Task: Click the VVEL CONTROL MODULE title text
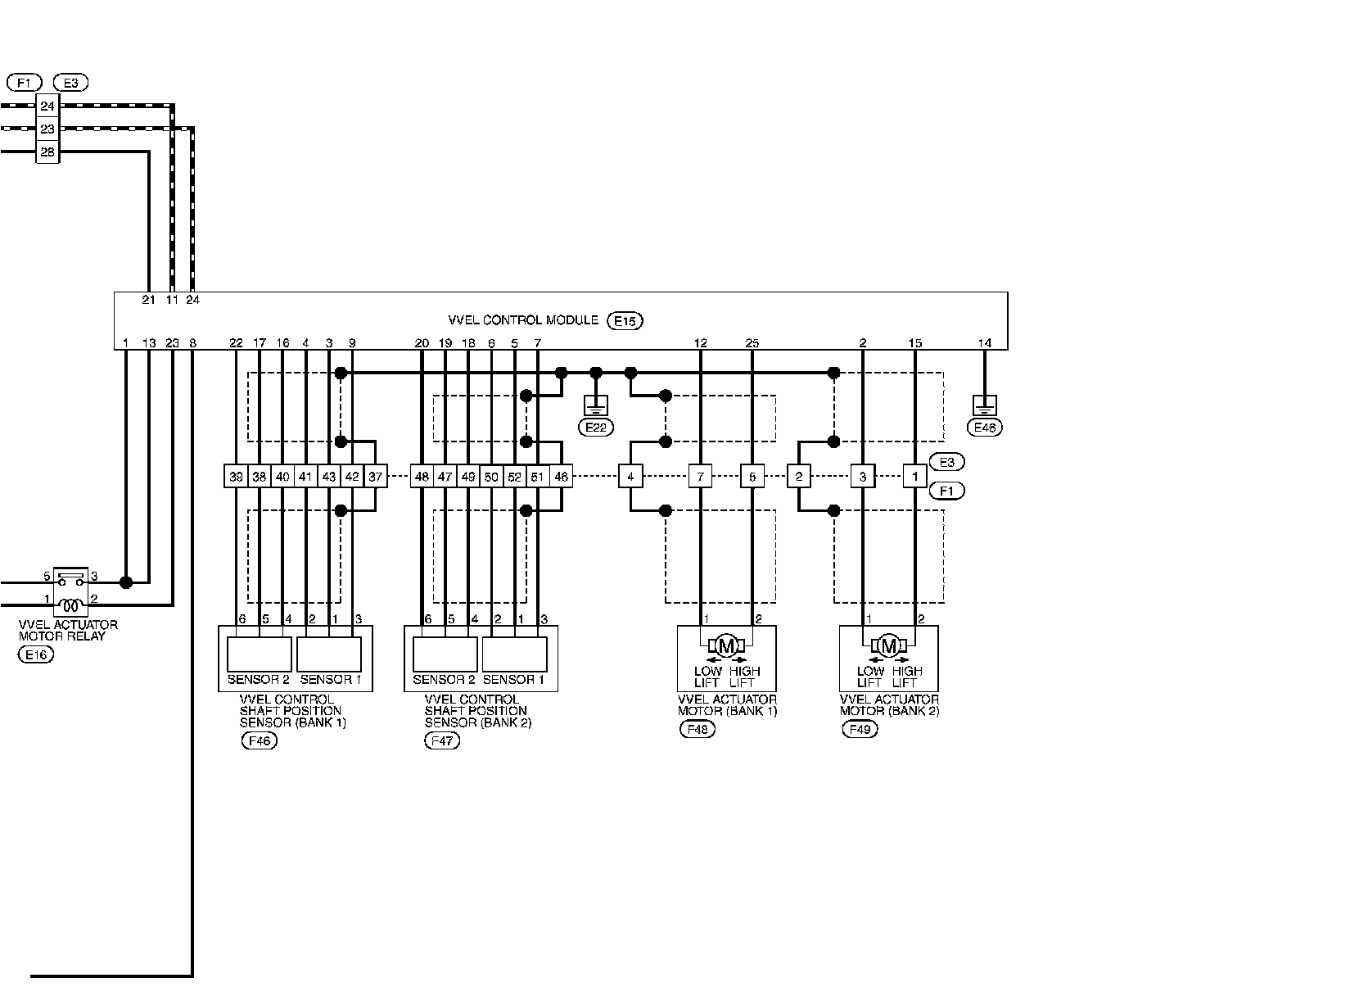(x=523, y=320)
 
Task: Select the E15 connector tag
(x=625, y=321)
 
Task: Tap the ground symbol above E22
(x=595, y=405)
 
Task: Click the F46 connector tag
(x=259, y=741)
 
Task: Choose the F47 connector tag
(x=442, y=741)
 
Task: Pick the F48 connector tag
(x=697, y=730)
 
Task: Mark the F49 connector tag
(x=859, y=730)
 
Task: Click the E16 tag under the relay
(x=35, y=654)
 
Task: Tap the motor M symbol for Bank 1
(x=726, y=645)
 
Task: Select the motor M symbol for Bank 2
(x=888, y=645)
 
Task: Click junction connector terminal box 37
(x=375, y=476)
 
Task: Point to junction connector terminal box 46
(x=561, y=476)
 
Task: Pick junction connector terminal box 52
(x=514, y=476)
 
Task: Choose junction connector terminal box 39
(x=236, y=476)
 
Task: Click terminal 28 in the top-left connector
(x=47, y=152)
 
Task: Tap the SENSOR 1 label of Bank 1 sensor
(x=330, y=679)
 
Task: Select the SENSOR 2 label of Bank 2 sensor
(x=444, y=679)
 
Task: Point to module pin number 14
(x=984, y=343)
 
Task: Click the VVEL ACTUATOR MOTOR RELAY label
(x=68, y=630)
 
